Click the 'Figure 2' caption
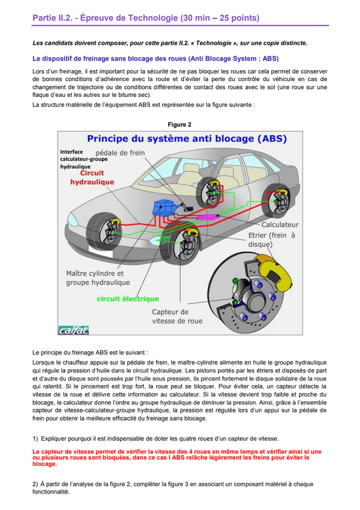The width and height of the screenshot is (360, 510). (x=180, y=124)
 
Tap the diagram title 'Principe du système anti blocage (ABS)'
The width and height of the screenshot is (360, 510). (x=187, y=139)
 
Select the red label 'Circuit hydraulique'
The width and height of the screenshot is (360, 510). (x=92, y=178)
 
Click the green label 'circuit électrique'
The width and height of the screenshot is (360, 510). (x=128, y=299)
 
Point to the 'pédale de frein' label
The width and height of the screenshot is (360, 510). (x=120, y=153)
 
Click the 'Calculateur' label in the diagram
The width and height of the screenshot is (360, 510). (x=280, y=224)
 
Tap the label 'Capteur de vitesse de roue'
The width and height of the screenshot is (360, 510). (x=177, y=316)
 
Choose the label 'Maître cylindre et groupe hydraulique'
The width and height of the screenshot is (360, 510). (x=98, y=278)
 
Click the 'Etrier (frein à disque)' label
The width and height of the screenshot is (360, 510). (x=271, y=240)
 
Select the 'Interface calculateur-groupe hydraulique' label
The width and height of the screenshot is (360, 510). (x=83, y=159)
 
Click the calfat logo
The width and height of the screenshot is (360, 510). (x=73, y=330)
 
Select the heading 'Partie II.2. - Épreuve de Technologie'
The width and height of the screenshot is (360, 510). (x=105, y=18)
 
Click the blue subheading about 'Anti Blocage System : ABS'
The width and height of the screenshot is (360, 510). (x=155, y=59)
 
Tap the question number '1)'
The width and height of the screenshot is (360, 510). (x=35, y=439)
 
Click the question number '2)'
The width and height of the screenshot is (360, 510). (x=35, y=484)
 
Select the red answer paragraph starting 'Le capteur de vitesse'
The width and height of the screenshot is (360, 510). (x=177, y=458)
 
